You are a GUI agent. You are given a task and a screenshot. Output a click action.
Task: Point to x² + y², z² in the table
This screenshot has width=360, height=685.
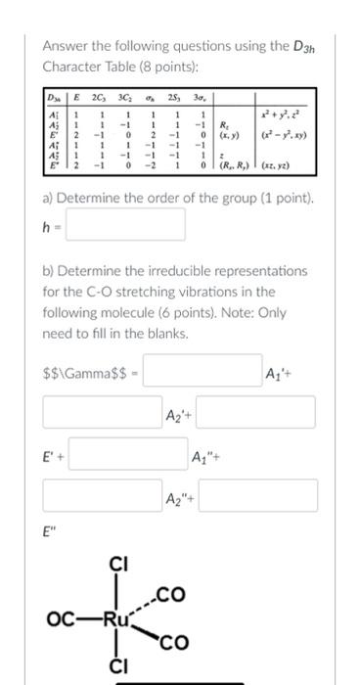285,114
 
